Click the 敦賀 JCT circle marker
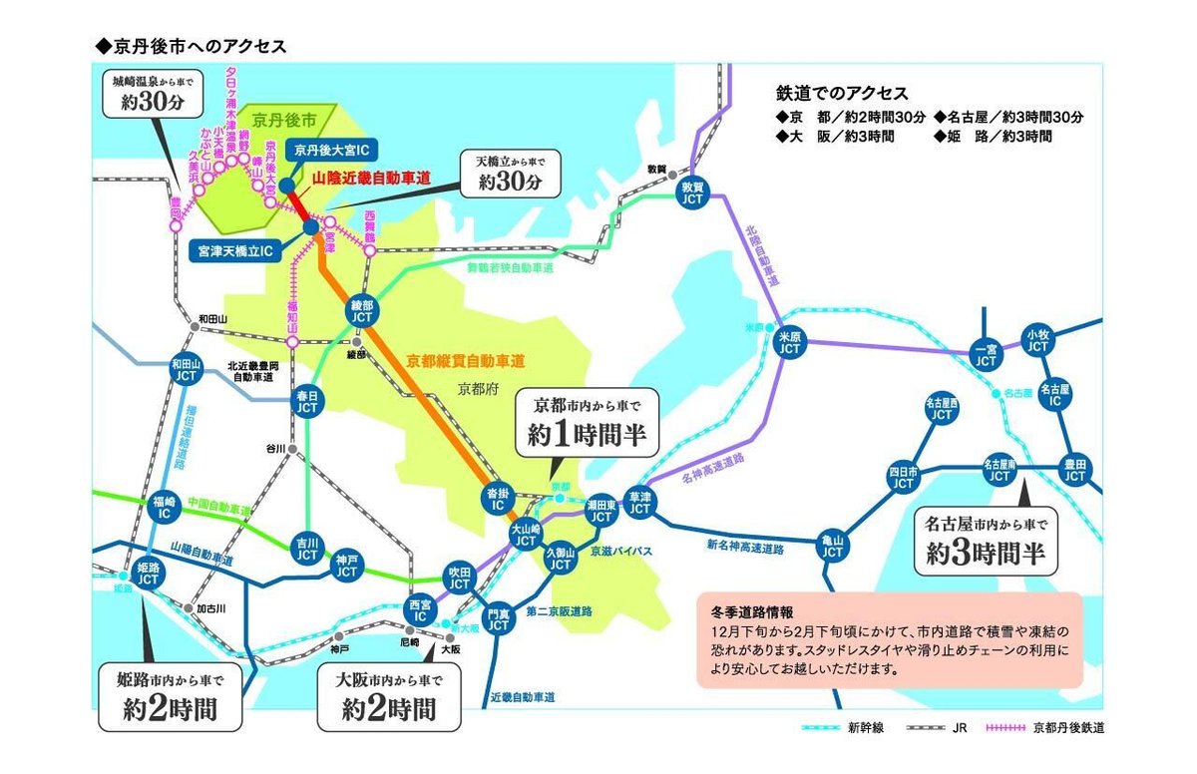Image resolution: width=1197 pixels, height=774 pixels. pyautogui.click(x=692, y=193)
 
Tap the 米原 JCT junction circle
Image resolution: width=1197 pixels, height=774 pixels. pyautogui.click(x=790, y=342)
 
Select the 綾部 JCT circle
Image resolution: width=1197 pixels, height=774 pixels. pyautogui.click(x=362, y=310)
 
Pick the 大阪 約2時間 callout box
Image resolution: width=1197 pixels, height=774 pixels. pyautogui.click(x=388, y=696)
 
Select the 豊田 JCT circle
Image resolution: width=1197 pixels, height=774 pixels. pyautogui.click(x=1075, y=470)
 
